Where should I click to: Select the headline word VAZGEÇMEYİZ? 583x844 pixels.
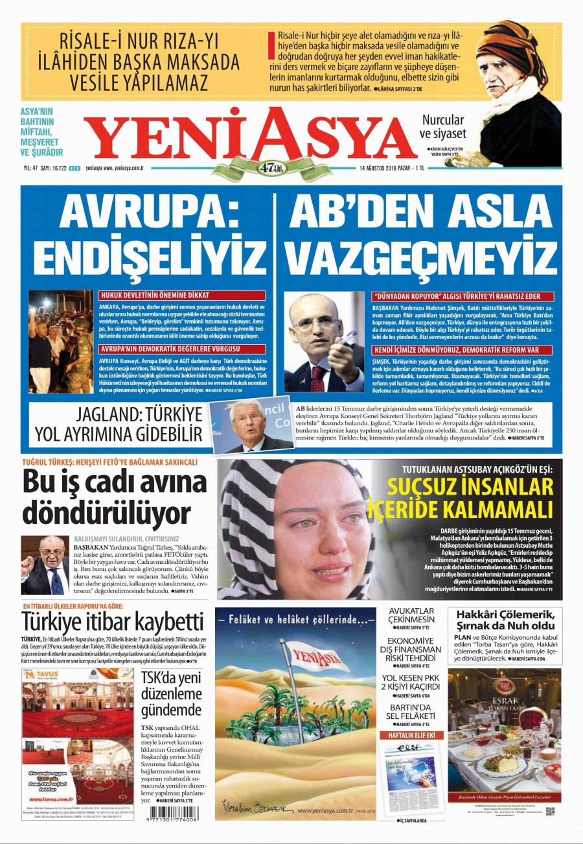[x=418, y=257]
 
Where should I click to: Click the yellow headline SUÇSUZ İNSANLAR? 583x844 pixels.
[x=470, y=487]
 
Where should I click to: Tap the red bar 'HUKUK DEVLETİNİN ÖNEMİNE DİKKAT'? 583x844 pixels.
[x=182, y=296]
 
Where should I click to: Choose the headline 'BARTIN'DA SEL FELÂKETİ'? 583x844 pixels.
[x=412, y=711]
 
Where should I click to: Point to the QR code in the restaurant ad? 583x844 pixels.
[x=550, y=810]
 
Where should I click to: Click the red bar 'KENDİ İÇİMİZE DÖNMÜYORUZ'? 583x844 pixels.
[x=455, y=350]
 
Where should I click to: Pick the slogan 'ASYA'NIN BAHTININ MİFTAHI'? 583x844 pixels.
[x=42, y=121]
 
